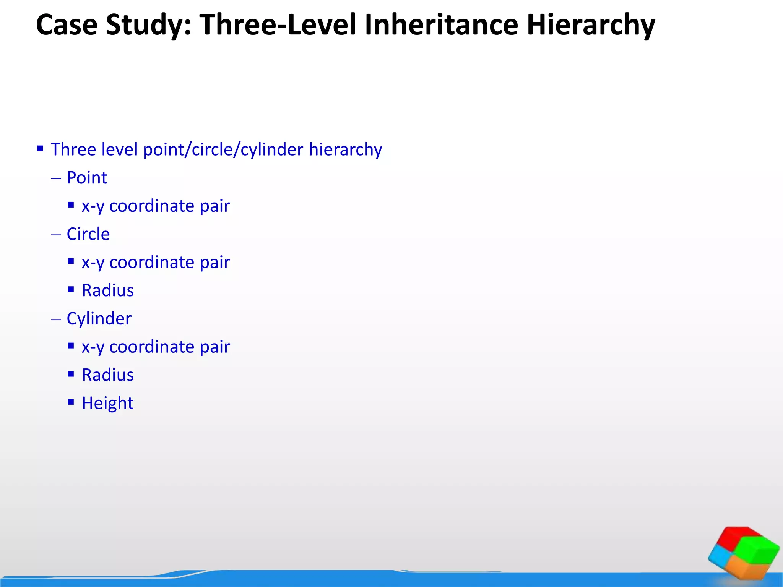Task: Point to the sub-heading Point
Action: (x=87, y=178)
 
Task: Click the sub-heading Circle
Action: (x=88, y=234)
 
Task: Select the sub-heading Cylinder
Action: (x=99, y=319)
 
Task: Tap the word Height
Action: (x=107, y=403)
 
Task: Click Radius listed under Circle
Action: (x=107, y=290)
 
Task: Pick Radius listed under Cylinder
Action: (x=107, y=375)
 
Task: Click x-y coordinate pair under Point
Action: (x=156, y=206)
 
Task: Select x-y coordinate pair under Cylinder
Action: (x=156, y=347)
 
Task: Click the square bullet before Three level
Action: (x=40, y=148)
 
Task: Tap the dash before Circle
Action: (x=56, y=234)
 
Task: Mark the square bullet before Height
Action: (x=71, y=402)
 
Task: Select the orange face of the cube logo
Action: (x=746, y=568)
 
